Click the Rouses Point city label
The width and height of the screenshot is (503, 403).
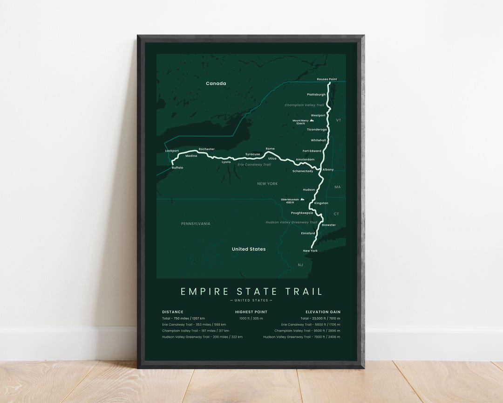tap(326, 79)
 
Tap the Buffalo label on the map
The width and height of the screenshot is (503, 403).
tap(177, 167)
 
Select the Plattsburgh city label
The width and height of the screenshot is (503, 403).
tap(316, 95)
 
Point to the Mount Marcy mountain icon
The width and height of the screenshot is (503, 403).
tap(312, 120)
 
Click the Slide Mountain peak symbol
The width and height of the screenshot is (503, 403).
tap(303, 199)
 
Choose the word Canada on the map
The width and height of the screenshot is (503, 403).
tap(216, 83)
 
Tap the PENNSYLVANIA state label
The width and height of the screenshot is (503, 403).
tap(196, 223)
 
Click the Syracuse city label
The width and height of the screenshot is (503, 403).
tap(252, 154)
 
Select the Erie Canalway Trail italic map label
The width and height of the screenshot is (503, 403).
tap(254, 165)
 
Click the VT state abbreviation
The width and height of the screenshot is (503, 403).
tap(339, 120)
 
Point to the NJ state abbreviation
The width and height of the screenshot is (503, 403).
tap(300, 264)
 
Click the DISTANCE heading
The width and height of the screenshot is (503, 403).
tap(172, 312)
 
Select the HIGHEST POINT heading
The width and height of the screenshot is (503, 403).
tap(251, 312)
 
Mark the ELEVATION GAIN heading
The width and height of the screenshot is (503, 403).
tap(323, 312)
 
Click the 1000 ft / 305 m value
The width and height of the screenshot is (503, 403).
tap(251, 318)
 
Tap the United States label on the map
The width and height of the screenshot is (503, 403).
tap(249, 249)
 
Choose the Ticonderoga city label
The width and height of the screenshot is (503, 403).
tap(317, 129)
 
